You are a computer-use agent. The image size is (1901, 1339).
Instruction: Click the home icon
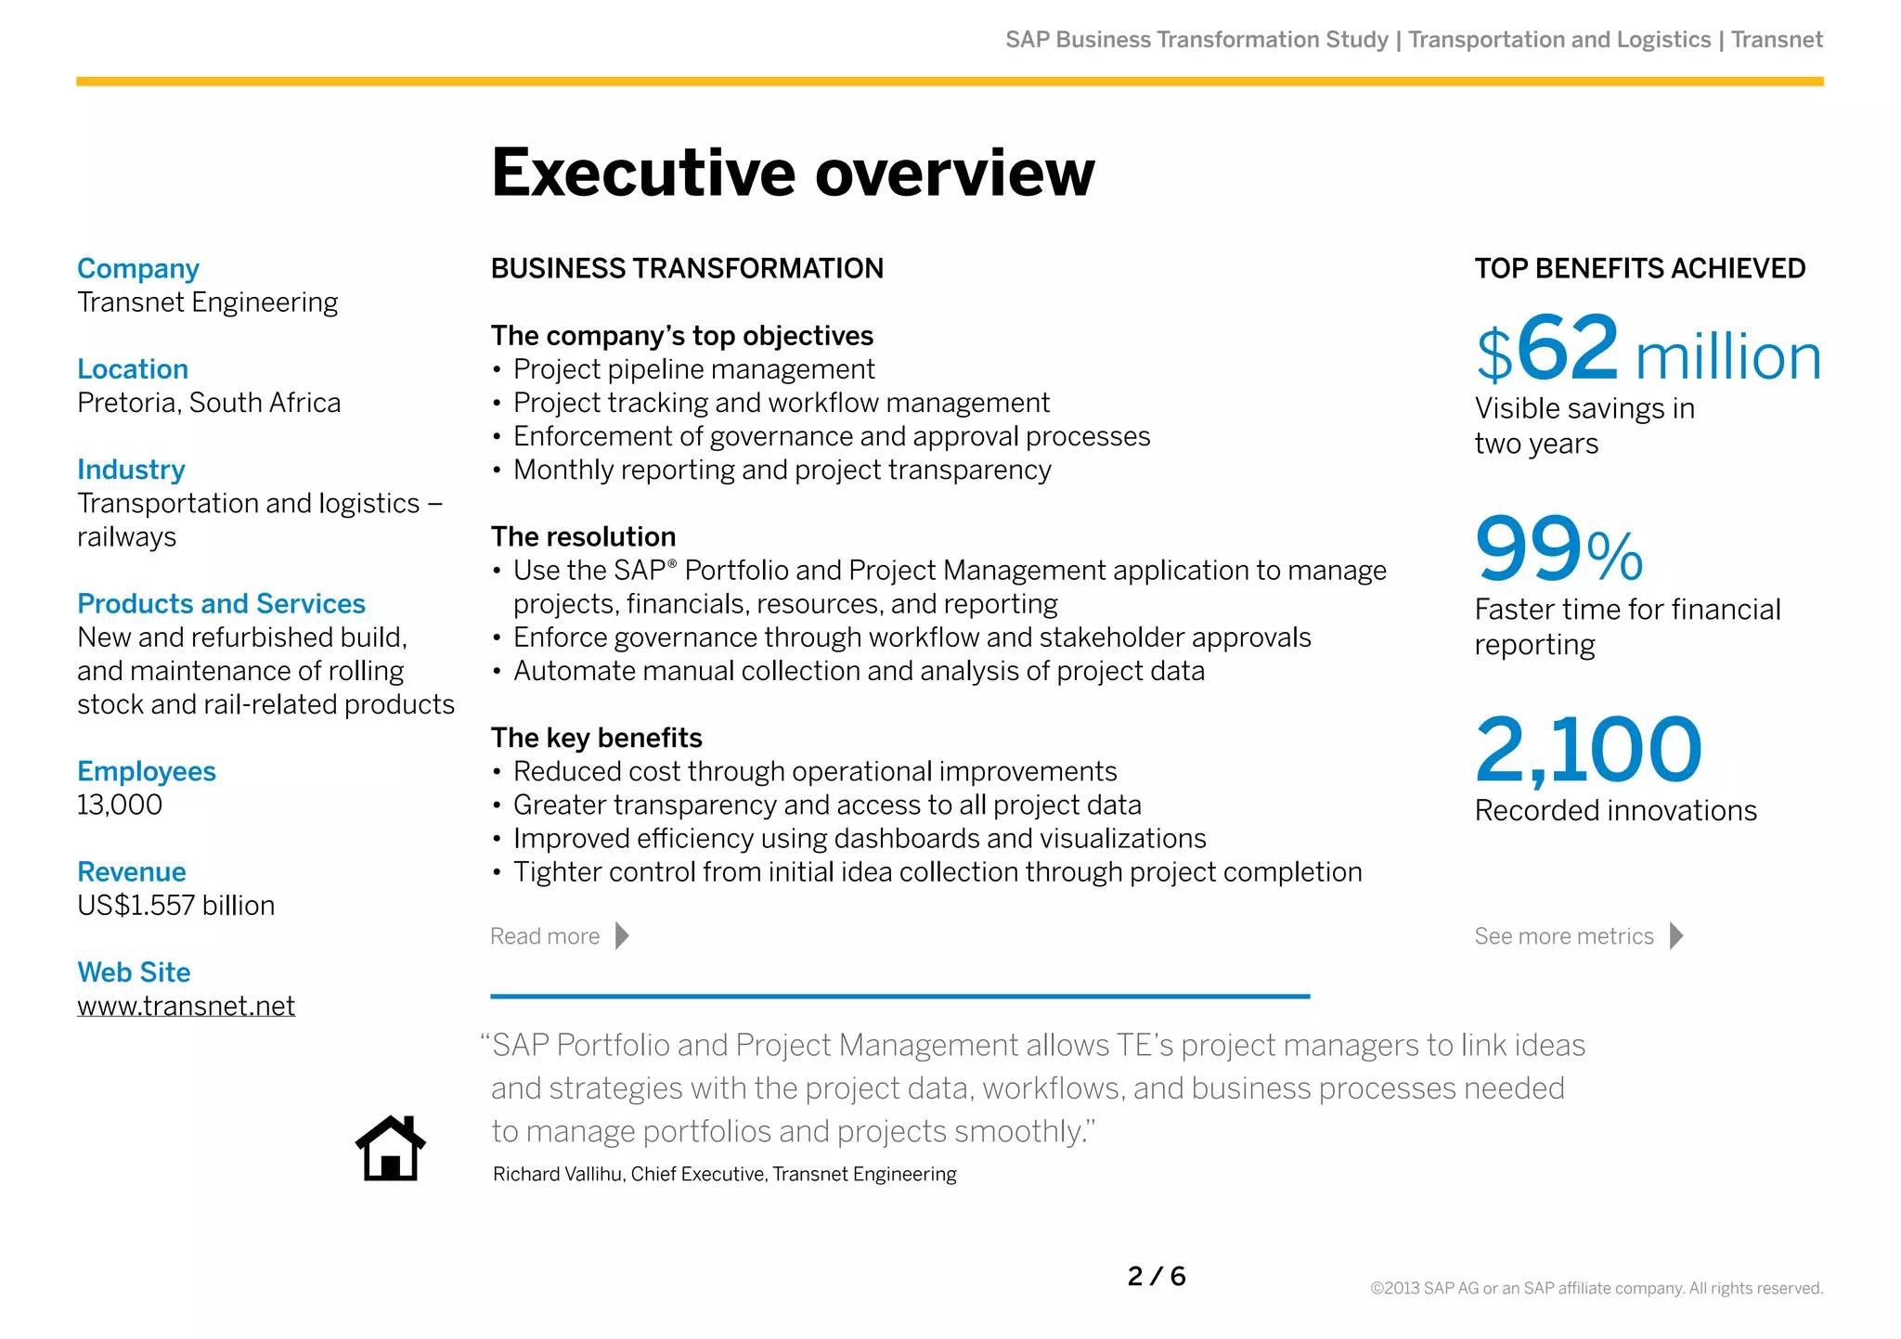391,1148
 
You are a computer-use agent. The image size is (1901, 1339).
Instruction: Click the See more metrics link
1577,936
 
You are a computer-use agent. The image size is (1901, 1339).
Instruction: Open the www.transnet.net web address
186,1006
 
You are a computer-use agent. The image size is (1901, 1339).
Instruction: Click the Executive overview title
793,174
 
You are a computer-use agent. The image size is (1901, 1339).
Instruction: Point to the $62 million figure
1648,351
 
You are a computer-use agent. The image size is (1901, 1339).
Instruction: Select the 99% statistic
1558,549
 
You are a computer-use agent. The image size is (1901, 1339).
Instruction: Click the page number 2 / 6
1157,1277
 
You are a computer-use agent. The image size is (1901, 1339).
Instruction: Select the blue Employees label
147,771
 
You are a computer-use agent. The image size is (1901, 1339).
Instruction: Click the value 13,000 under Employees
120,805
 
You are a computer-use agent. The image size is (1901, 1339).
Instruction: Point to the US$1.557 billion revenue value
176,906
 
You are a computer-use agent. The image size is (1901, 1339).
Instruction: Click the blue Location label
133,369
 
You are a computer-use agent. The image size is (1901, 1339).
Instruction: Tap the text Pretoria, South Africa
209,403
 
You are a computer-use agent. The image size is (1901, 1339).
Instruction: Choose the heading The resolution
583,536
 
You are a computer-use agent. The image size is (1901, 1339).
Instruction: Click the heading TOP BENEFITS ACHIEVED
1639,269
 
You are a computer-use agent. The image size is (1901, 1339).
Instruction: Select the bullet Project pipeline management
693,369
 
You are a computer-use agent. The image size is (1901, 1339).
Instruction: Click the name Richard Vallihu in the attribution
558,1175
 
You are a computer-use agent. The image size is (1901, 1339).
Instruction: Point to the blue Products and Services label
221,604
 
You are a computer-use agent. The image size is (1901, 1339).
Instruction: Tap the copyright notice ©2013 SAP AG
1597,1288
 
